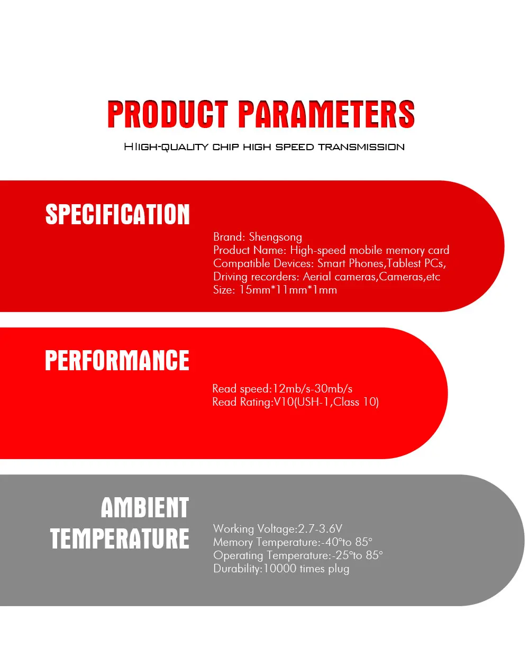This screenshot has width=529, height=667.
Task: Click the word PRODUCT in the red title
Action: tap(168, 114)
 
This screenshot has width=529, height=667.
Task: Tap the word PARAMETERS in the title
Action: tap(326, 114)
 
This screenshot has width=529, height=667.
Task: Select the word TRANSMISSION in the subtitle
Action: tap(361, 147)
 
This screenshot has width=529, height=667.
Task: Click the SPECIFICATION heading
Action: tap(117, 214)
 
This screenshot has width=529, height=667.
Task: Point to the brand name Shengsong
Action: tap(276, 237)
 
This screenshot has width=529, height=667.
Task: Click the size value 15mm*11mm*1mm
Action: tap(288, 290)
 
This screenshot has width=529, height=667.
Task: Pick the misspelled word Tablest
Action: tap(404, 263)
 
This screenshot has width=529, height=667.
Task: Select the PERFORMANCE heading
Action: tap(117, 360)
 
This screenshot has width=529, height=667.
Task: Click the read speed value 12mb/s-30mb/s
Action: tap(313, 389)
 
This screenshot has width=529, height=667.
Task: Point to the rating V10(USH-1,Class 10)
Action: tap(326, 402)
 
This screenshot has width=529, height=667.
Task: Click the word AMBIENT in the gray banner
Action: tap(145, 507)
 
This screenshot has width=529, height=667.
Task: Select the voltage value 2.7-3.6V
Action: tap(320, 528)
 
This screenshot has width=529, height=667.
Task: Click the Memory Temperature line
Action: tap(293, 542)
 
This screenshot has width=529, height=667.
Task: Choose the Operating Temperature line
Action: tap(298, 556)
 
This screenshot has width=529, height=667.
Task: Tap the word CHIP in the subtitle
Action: tap(226, 147)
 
